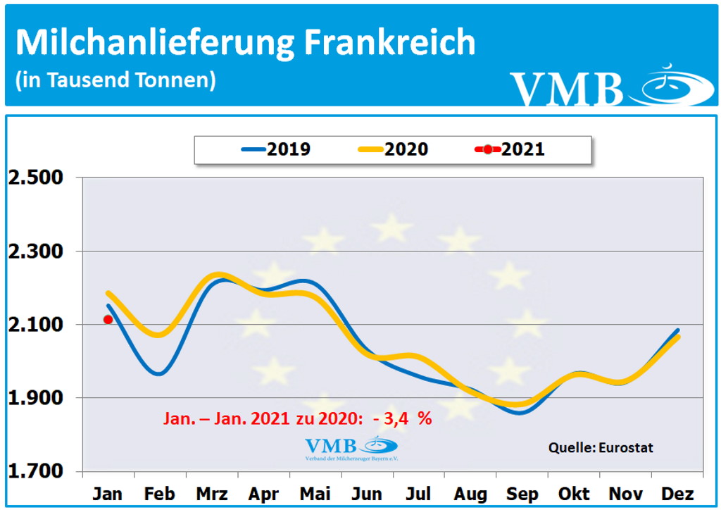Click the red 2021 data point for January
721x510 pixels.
pos(108,319)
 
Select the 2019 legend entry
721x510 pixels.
pos(276,149)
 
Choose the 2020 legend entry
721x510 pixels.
pos(393,149)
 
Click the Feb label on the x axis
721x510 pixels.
pos(159,493)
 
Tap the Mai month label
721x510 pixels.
pos(315,493)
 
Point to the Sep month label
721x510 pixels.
pos(522,493)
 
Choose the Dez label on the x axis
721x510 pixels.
pos(678,493)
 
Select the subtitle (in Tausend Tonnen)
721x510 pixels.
pos(115,80)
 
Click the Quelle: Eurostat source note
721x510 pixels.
pos(601,447)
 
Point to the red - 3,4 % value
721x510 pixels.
pos(403,418)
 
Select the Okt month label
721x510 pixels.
pos(575,493)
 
